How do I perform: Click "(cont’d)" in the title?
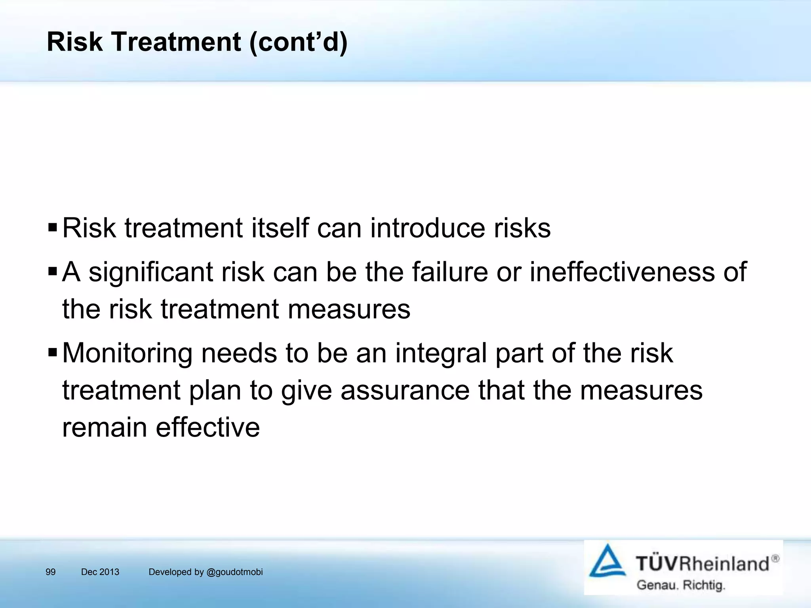298,42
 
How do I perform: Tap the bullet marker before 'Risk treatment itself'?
52,228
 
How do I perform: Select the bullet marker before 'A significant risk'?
52,272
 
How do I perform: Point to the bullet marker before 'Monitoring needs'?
52,352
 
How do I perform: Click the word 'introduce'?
427,228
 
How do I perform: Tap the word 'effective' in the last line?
208,427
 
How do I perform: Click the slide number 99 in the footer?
51,572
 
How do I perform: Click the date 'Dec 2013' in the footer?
100,572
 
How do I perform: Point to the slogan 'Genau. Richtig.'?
680,585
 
